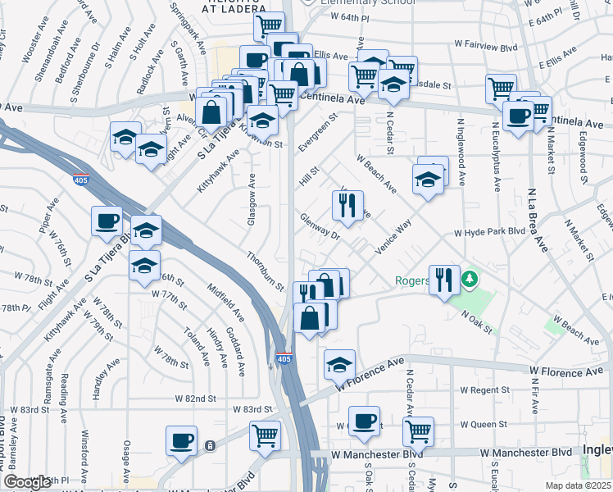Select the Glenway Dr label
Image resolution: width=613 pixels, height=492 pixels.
coord(320,227)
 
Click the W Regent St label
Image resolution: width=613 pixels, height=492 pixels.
coord(485,389)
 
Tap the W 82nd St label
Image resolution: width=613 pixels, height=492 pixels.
coord(193,398)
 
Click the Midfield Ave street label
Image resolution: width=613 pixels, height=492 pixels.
coord(227,303)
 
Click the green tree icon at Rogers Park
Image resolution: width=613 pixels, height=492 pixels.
coord(469,280)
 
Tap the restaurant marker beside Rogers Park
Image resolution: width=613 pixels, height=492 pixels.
coord(443,280)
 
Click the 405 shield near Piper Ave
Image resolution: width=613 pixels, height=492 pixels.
coord(80,181)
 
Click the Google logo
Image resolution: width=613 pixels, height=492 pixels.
coord(27,482)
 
